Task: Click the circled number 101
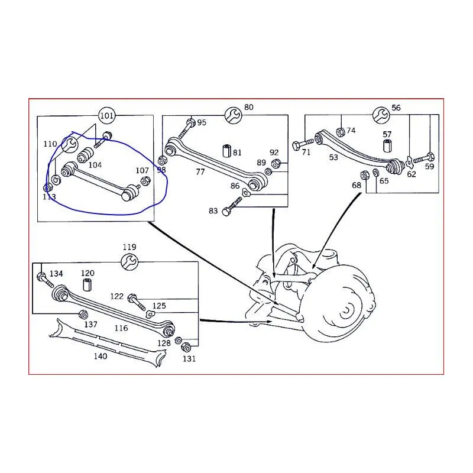click(x=107, y=115)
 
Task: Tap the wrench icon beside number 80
click(x=233, y=115)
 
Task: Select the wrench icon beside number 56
click(x=381, y=115)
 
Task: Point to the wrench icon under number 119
click(x=129, y=262)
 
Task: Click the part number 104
click(x=95, y=165)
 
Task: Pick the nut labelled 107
click(x=145, y=181)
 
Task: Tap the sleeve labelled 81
click(x=227, y=151)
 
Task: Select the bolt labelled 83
click(x=232, y=206)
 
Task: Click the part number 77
click(x=200, y=171)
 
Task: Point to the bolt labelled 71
click(x=303, y=144)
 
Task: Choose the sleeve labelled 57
click(x=387, y=145)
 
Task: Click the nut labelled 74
click(x=341, y=132)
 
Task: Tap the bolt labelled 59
click(x=423, y=158)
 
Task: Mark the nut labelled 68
click(x=365, y=174)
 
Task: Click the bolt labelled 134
click(x=45, y=280)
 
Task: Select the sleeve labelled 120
click(x=87, y=285)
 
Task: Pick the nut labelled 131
click(x=186, y=347)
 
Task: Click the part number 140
click(x=100, y=357)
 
